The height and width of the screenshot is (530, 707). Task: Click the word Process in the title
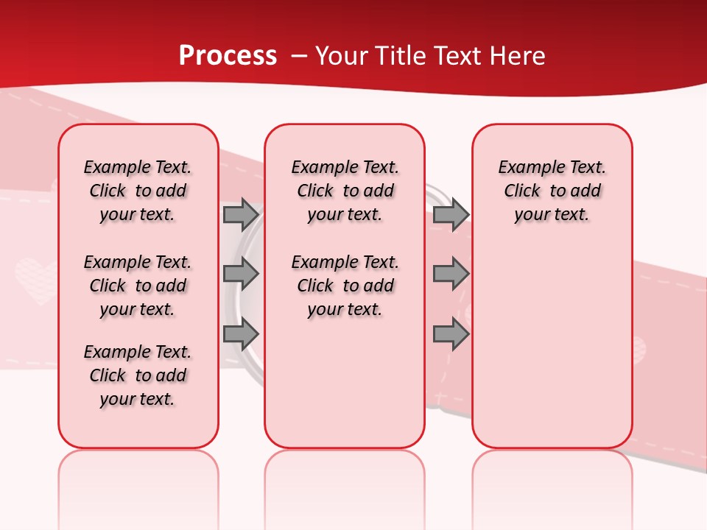click(x=228, y=56)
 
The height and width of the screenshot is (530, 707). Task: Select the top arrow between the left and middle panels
click(x=241, y=214)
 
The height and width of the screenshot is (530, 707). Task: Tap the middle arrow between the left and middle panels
click(x=241, y=274)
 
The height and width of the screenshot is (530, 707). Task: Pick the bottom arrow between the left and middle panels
click(x=241, y=334)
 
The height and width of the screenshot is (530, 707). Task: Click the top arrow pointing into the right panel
click(x=451, y=214)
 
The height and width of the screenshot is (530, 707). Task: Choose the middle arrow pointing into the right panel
click(x=451, y=274)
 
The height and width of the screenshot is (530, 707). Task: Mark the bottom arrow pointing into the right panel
click(x=451, y=334)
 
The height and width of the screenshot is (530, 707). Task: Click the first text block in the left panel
click(x=138, y=191)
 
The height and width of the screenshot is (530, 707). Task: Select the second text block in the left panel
click(x=138, y=286)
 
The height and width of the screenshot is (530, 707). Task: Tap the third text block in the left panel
click(x=138, y=375)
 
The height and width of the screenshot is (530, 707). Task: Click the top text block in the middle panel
click(x=345, y=191)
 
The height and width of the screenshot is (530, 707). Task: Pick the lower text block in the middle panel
click(x=345, y=286)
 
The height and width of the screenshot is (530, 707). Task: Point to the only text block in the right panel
click(x=552, y=191)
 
